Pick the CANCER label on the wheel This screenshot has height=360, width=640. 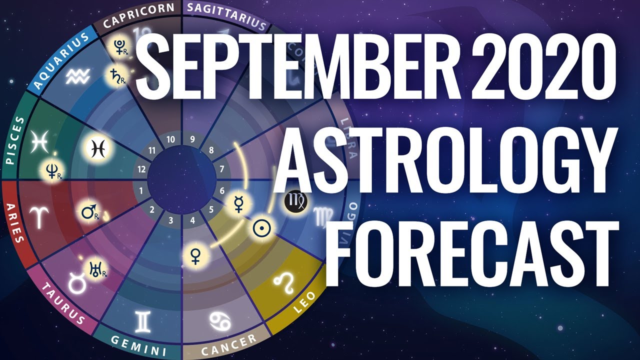pos(227,344)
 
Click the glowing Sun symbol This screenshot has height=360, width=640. pos(260,228)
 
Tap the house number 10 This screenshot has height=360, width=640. pos(170,140)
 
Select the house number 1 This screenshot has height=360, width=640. pos(141,190)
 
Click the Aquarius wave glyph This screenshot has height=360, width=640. pos(77,76)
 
